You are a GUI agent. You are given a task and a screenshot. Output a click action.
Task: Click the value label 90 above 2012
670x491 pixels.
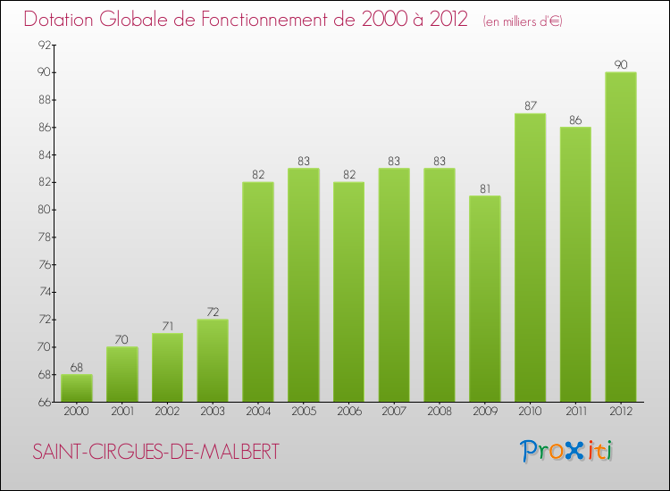620,64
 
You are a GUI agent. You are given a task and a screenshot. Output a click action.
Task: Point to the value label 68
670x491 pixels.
76,367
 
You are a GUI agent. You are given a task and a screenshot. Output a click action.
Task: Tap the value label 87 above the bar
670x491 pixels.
530,105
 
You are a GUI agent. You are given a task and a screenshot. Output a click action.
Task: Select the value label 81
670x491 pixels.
484,188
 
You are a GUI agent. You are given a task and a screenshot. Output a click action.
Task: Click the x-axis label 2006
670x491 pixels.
348,412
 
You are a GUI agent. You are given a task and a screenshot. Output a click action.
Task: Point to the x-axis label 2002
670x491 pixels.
167,412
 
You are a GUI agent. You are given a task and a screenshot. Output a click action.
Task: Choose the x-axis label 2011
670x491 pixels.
575,412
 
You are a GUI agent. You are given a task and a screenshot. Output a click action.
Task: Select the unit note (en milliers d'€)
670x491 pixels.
523,21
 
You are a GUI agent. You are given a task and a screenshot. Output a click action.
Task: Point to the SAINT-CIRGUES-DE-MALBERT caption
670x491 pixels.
155,452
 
